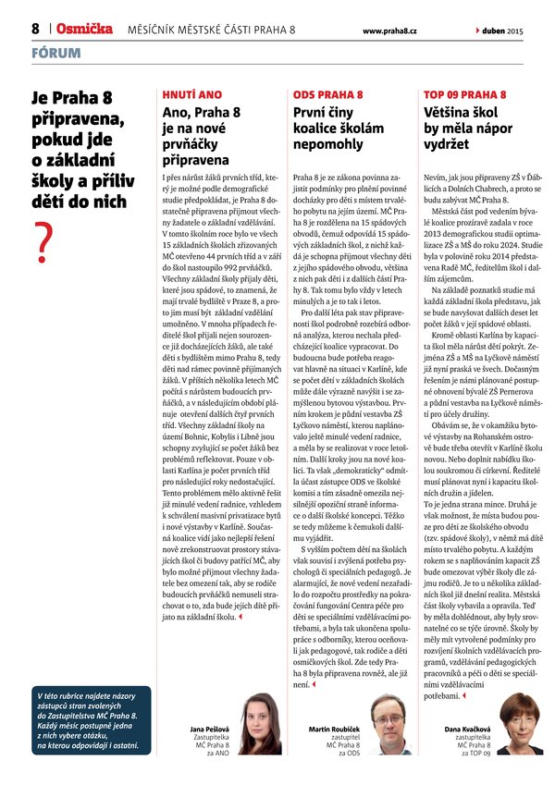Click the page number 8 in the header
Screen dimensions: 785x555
point(35,29)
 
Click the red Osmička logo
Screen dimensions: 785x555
point(82,29)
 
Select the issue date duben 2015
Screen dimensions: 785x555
point(503,31)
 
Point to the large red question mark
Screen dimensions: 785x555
point(42,242)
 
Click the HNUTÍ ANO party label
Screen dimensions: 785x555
point(191,94)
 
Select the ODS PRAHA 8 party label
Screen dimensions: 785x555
point(327,94)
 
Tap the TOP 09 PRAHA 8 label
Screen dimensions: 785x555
point(464,94)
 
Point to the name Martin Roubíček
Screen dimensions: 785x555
point(334,730)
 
